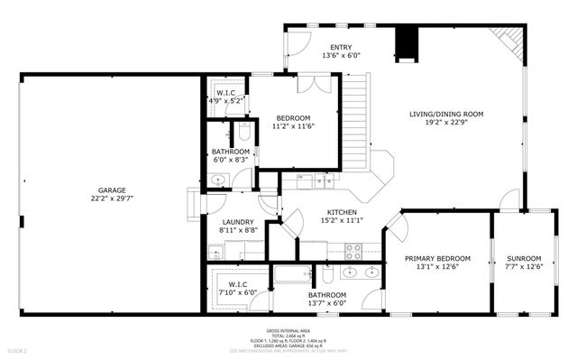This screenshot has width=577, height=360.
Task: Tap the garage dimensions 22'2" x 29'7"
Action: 106,200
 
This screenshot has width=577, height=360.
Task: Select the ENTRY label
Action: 341,48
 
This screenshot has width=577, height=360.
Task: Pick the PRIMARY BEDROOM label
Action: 437,258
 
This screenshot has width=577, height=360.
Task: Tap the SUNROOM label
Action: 523,258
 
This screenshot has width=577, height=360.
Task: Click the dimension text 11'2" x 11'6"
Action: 293,126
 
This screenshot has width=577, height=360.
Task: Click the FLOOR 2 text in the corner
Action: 18,350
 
